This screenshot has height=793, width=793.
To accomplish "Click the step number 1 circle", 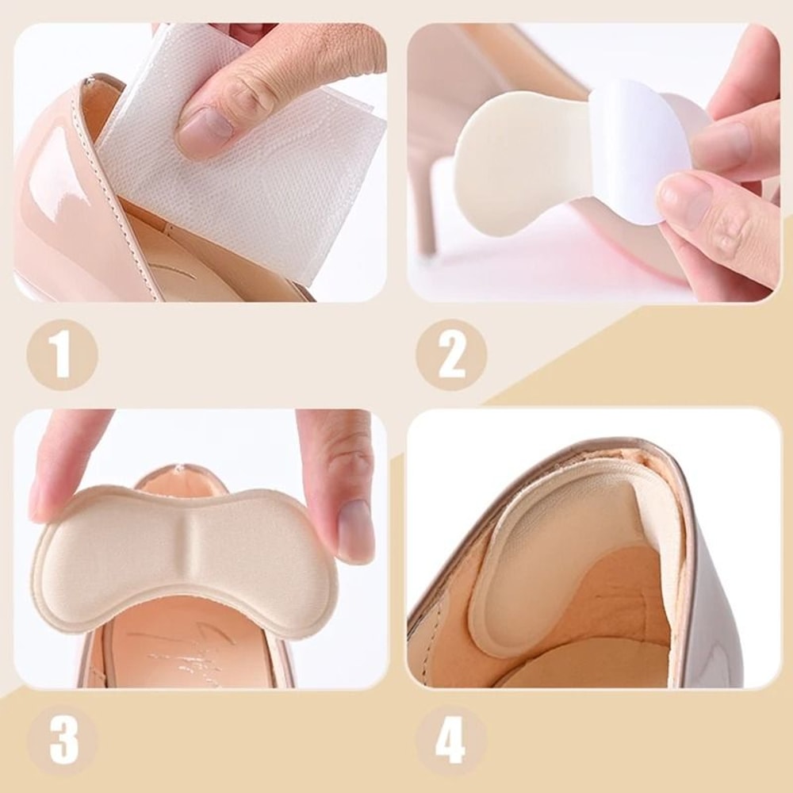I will (61, 354).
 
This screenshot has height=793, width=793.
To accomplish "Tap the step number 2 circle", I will (451, 354).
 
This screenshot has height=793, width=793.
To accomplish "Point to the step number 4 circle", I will (450, 740).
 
